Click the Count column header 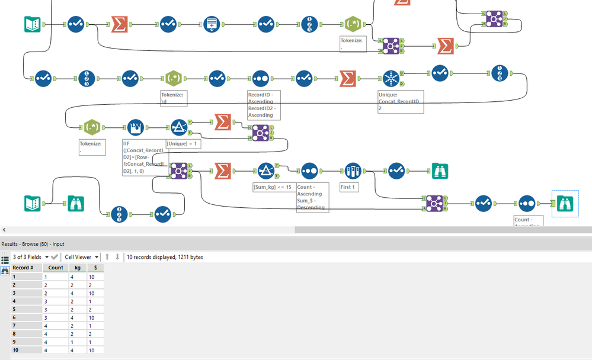click(56, 268)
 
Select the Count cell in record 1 click(56, 277)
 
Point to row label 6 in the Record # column click(15, 317)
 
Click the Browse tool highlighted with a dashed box click(565, 203)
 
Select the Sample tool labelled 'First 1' click(353, 171)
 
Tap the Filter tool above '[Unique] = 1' click(178, 127)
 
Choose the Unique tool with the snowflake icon click(390, 79)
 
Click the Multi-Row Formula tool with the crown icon click(136, 127)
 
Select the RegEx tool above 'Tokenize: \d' click(173, 79)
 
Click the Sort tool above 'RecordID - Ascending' click(260, 79)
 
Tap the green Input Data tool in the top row click(32, 24)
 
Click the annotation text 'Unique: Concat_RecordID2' click(400, 101)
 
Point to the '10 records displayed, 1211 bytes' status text click(164, 257)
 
